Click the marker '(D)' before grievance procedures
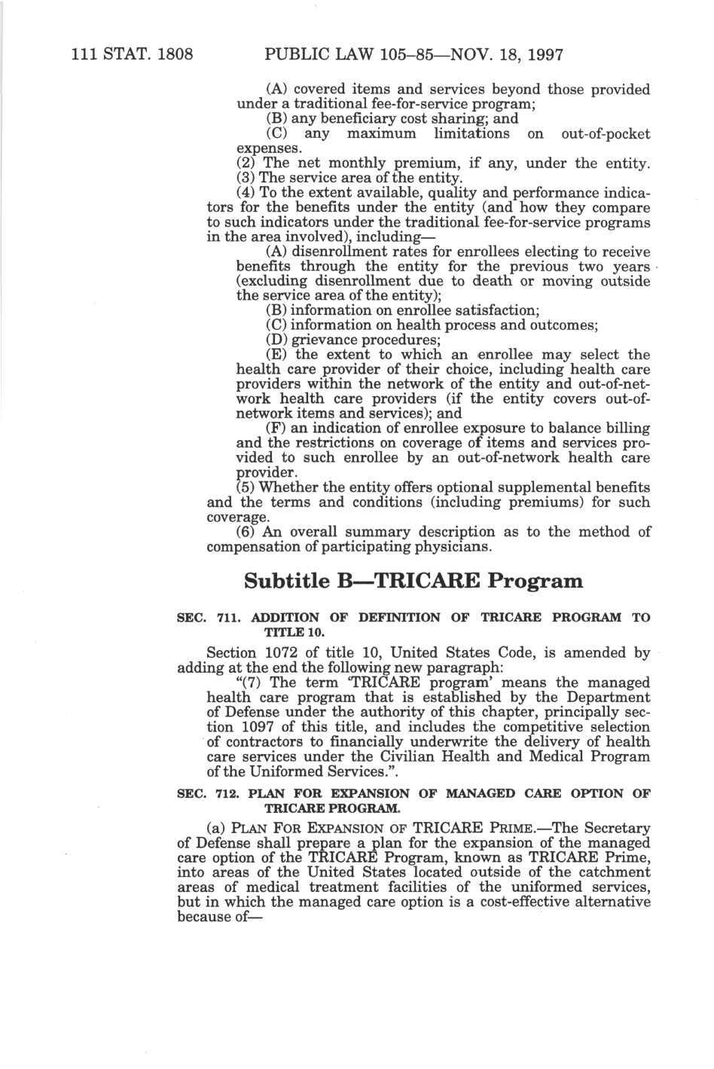(x=277, y=340)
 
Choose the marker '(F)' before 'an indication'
(x=277, y=428)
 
